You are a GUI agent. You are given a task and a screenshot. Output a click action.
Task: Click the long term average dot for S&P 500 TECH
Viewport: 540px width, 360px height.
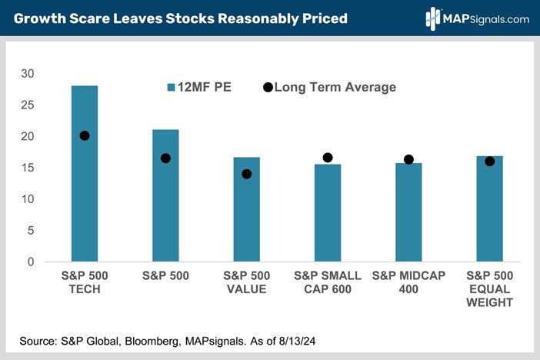[85, 135]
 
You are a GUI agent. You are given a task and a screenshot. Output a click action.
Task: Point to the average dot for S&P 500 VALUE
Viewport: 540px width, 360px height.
[247, 174]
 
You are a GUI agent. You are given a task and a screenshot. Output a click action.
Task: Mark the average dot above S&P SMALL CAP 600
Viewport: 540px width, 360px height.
[328, 158]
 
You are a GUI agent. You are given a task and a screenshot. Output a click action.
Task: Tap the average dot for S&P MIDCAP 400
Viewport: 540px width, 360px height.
[408, 159]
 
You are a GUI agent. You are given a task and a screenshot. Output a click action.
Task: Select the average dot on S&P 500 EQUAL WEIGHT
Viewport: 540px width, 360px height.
[489, 161]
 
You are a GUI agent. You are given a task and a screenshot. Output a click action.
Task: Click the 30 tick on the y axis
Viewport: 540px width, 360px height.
[28, 74]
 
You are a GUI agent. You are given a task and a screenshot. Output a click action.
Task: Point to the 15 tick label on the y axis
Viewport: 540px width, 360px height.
[28, 168]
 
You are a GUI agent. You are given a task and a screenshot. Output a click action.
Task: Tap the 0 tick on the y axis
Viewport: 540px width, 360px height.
[32, 262]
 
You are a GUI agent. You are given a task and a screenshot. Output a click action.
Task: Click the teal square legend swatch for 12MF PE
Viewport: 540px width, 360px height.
[172, 88]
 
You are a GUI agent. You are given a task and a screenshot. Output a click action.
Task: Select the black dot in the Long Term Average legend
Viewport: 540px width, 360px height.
[268, 88]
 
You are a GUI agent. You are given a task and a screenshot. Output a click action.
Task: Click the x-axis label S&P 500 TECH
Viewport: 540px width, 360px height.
[85, 282]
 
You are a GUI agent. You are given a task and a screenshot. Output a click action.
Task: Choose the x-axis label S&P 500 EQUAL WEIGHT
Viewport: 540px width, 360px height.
[489, 288]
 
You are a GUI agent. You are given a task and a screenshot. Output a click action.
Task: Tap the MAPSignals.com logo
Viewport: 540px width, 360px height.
[477, 17]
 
